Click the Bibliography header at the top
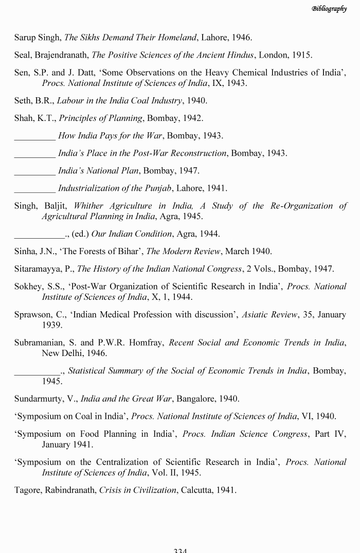[329, 9]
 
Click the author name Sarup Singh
[38, 38]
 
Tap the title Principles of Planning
[100, 118]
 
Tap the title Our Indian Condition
[131, 234]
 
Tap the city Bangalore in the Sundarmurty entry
[199, 399]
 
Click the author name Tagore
[28, 490]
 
